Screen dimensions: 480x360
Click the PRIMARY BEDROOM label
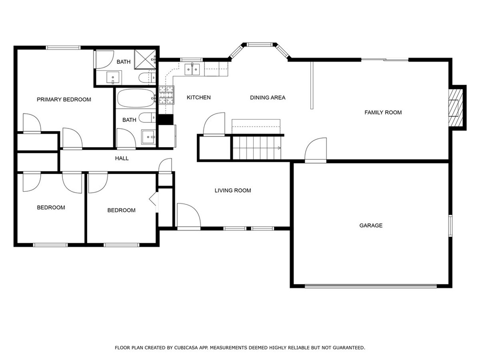(x=64, y=99)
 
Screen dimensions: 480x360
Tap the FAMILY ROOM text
(x=383, y=112)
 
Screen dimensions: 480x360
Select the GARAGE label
(x=371, y=225)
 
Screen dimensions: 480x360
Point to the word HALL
(x=122, y=158)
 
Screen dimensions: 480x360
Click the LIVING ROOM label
(x=232, y=190)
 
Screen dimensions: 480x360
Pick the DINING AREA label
(x=268, y=97)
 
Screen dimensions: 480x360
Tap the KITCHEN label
(x=199, y=97)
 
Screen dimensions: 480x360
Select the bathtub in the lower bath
(x=136, y=98)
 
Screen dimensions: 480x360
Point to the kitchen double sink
(x=192, y=69)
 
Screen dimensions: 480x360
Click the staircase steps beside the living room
(x=257, y=148)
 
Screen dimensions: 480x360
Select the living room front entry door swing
(x=189, y=216)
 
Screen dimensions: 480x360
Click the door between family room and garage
(x=315, y=150)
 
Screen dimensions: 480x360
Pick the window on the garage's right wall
(x=450, y=225)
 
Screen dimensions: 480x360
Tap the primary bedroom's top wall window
(x=63, y=47)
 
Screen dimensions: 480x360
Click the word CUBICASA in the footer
(x=186, y=348)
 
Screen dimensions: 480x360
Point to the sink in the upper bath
(x=114, y=77)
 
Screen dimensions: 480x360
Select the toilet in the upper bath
(x=147, y=78)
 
